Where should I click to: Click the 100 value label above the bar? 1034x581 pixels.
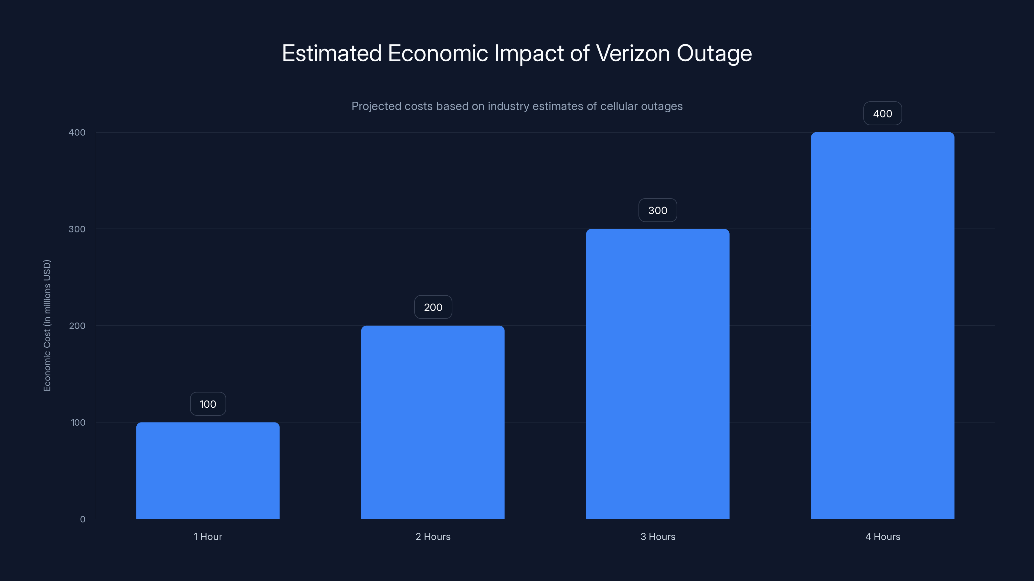click(x=208, y=404)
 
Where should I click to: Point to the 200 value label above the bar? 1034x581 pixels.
click(x=433, y=307)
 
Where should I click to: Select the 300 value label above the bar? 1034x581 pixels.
click(x=658, y=210)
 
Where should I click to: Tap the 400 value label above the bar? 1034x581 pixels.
click(x=882, y=114)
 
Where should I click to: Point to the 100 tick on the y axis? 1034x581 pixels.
click(x=78, y=423)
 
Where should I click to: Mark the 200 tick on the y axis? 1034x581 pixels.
click(x=77, y=326)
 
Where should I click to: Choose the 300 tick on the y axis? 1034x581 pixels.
click(x=77, y=229)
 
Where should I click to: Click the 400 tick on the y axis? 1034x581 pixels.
click(x=77, y=132)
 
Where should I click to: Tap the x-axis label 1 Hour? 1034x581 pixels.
click(x=208, y=536)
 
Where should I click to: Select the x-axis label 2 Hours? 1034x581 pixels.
click(x=433, y=536)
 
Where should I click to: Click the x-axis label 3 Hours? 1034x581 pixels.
click(x=658, y=536)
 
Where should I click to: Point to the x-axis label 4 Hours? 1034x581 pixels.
click(x=882, y=536)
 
